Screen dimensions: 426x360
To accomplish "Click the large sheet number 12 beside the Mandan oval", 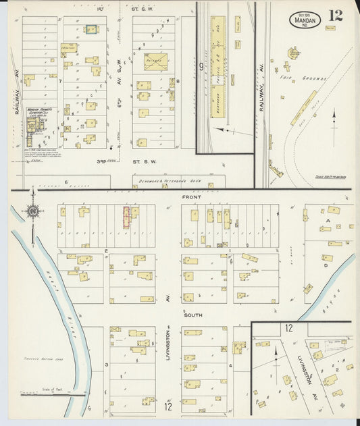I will (336, 15).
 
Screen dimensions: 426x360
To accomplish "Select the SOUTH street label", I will (193, 315).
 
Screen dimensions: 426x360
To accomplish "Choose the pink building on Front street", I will (126, 217).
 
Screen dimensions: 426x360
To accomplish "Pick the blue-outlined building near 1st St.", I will (91, 30).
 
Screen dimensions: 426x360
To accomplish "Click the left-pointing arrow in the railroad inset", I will (222, 130).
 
